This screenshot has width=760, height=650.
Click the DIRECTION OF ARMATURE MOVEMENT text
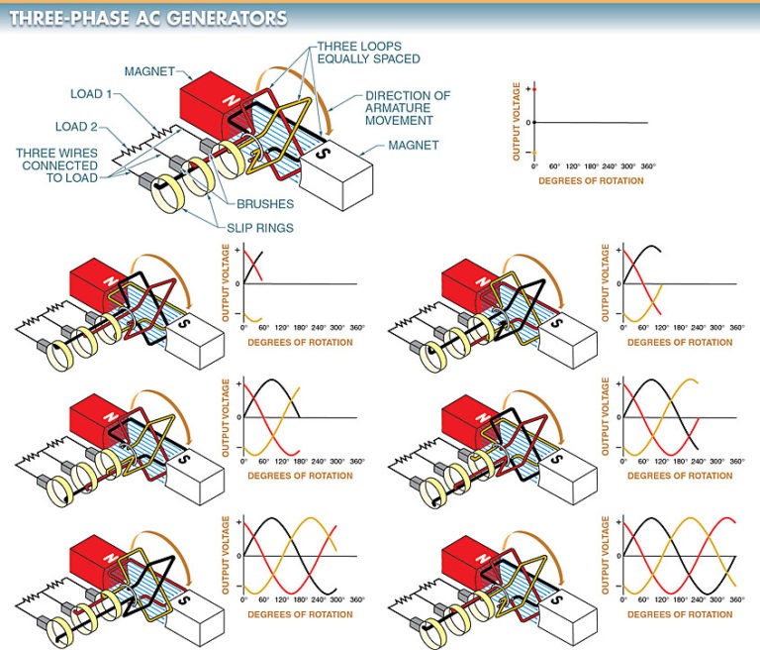point(408,108)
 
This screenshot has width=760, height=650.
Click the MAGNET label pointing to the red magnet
point(150,70)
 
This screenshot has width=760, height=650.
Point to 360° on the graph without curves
point(648,165)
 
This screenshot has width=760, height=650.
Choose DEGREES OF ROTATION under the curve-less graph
point(591,180)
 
